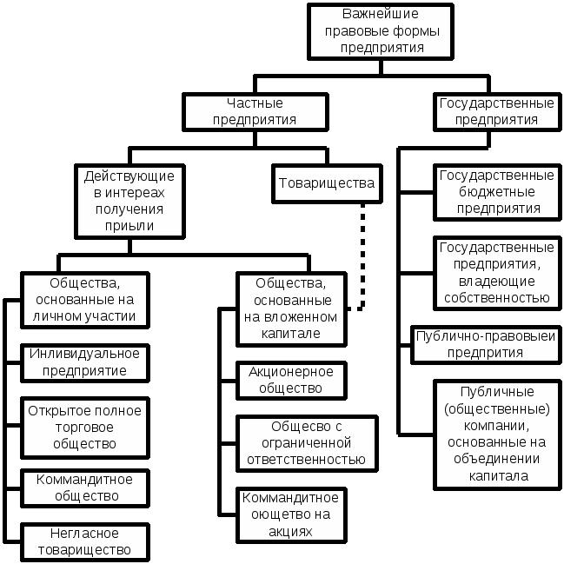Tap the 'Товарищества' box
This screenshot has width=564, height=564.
[x=327, y=183]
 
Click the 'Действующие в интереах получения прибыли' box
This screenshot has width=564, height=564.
[x=130, y=200]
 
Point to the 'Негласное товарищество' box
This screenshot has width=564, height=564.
[x=84, y=541]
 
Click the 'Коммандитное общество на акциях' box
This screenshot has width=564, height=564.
[x=290, y=514]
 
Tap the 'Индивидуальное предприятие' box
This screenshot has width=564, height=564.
[x=84, y=362]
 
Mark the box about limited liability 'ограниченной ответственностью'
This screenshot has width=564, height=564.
[x=305, y=442]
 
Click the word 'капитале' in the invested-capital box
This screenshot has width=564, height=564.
[x=291, y=333]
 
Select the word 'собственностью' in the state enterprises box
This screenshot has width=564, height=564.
[x=496, y=298]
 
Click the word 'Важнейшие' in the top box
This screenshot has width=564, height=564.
[x=381, y=15]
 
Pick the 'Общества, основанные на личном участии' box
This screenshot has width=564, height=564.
[x=84, y=299]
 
